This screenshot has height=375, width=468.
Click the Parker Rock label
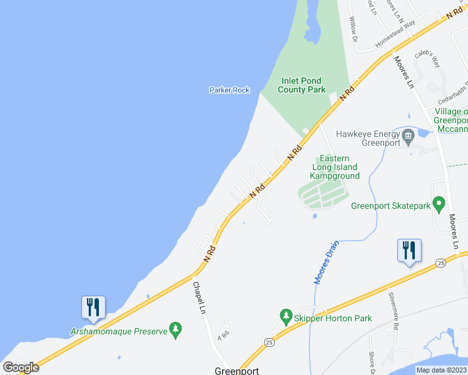pos(229,90)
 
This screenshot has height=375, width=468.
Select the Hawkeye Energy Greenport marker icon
pos(408,134)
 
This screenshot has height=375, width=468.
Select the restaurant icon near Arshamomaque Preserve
pos(93,307)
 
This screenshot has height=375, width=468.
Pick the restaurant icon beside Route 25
pos(409,251)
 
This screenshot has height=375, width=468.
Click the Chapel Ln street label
pos(200,298)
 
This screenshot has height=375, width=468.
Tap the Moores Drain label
pos(326,262)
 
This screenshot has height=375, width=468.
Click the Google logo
pos(21,367)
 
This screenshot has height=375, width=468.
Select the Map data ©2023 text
pos(440,370)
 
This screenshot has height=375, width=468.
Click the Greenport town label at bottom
pos(237,369)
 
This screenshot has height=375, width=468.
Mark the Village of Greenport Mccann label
pos(451,120)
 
